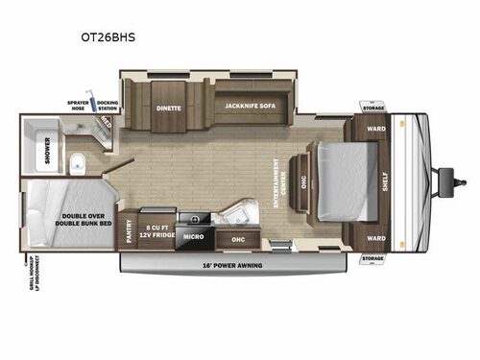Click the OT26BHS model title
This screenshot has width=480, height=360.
114,38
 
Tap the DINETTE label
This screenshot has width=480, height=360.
169,108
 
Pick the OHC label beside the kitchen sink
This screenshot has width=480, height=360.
239,239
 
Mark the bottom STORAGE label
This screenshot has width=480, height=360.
372,258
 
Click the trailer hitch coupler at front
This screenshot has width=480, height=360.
445,177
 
